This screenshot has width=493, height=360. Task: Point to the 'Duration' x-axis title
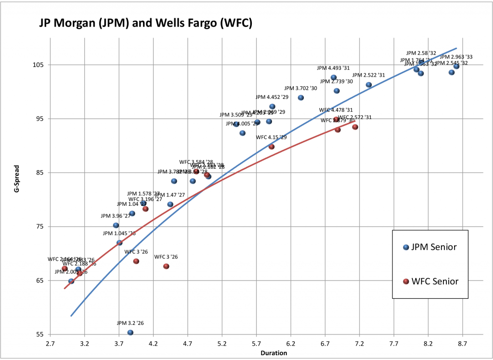[273, 353]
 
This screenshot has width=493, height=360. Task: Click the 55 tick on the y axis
[40, 334]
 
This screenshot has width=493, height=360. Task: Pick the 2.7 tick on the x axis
[50, 344]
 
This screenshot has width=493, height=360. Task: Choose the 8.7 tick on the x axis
[463, 344]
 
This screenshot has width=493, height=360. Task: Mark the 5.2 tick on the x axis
[222, 344]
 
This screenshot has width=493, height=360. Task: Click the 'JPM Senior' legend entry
[430, 247]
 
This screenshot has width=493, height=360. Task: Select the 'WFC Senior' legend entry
[430, 281]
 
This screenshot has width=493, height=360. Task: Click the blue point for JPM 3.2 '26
[130, 333]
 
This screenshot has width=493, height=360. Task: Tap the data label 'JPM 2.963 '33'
[456, 57]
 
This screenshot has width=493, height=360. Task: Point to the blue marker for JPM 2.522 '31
[369, 85]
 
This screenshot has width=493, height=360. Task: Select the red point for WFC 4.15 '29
[271, 147]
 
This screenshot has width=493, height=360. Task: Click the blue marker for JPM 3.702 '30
[301, 98]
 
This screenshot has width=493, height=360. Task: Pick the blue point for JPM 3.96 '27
[116, 226]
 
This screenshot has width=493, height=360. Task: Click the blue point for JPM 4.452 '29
[272, 107]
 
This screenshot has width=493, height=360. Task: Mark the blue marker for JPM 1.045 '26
[119, 243]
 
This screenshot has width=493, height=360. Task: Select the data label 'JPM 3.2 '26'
[130, 323]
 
